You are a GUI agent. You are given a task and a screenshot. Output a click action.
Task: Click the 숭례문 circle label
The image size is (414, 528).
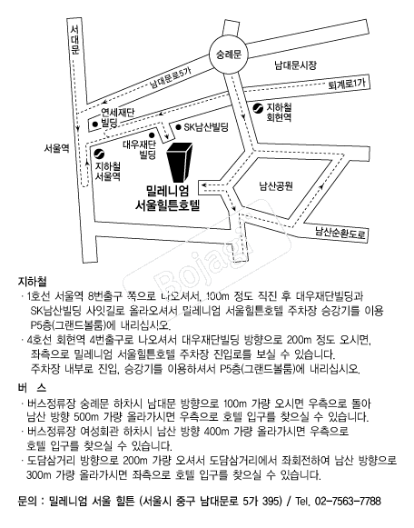(229, 55)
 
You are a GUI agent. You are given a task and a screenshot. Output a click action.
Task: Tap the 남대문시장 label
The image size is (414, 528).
(296, 65)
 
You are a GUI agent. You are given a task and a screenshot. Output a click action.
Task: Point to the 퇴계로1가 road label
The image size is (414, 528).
(347, 84)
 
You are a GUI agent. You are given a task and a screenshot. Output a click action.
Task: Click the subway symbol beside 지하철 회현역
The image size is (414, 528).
(258, 108)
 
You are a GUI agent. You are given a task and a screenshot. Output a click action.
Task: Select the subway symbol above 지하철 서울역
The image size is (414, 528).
(99, 154)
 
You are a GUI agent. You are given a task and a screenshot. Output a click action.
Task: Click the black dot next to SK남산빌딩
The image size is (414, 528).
(179, 127)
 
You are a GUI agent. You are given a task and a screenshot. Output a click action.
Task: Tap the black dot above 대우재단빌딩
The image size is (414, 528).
(152, 135)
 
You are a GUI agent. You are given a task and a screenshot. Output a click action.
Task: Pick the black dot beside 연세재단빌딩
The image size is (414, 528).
(95, 124)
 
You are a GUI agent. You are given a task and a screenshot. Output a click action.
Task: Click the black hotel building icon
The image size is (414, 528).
(180, 162)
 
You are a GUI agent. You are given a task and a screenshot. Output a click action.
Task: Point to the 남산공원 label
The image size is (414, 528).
(276, 186)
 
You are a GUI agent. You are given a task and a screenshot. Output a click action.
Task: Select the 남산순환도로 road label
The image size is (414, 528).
(340, 232)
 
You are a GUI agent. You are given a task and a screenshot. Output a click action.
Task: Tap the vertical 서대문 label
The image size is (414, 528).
(74, 40)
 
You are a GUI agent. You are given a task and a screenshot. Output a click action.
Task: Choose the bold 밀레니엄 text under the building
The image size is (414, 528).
(167, 191)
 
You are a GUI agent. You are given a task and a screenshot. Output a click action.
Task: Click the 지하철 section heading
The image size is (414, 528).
(32, 282)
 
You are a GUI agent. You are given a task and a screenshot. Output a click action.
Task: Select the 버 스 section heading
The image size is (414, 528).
(32, 388)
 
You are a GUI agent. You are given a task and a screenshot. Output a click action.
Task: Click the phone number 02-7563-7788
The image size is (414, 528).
(348, 501)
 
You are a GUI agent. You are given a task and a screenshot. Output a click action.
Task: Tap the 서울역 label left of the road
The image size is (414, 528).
(56, 148)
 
